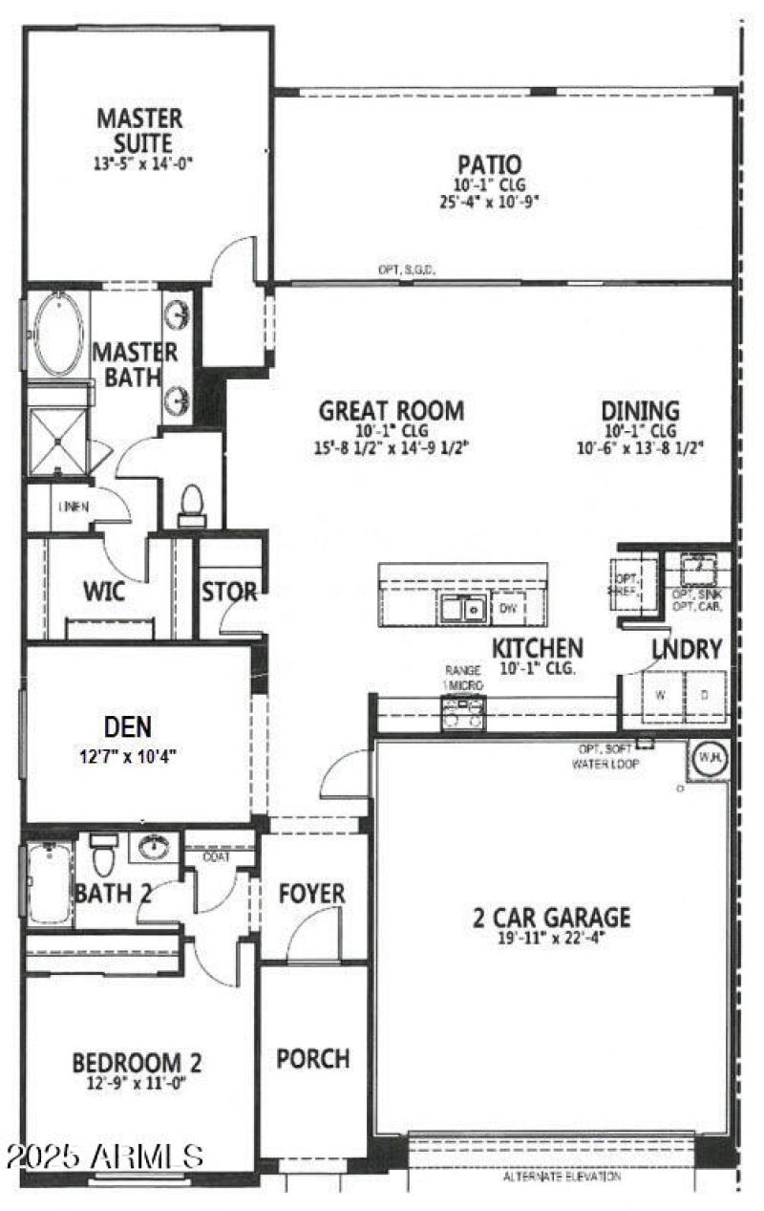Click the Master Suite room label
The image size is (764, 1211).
(139, 131)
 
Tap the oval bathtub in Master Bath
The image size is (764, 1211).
(58, 335)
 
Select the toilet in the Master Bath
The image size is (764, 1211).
(192, 504)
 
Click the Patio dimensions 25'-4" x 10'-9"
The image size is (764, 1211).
(488, 203)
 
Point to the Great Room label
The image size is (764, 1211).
(392, 411)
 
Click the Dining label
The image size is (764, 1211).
(640, 411)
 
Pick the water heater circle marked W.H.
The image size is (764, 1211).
(708, 756)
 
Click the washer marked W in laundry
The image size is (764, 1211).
(659, 695)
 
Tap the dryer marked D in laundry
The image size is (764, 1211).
(704, 695)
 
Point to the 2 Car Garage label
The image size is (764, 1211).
(551, 918)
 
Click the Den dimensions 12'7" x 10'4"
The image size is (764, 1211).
(128, 755)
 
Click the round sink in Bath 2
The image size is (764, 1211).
(153, 848)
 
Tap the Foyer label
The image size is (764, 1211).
(311, 895)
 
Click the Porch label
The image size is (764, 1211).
(312, 1059)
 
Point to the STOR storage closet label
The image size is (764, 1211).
(228, 593)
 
